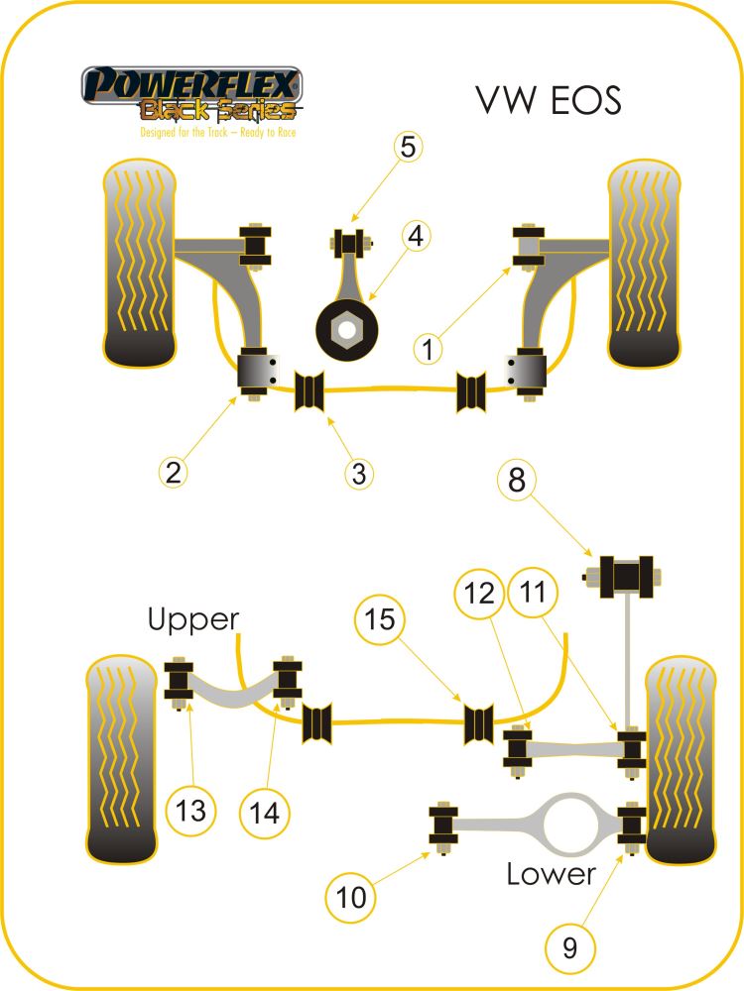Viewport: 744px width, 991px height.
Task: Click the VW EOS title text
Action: pyautogui.click(x=547, y=100)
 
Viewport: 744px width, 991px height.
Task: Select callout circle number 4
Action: pyautogui.click(x=415, y=237)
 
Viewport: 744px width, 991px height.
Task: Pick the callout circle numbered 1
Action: pyautogui.click(x=428, y=349)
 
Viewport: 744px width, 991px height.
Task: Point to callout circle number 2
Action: pyautogui.click(x=173, y=473)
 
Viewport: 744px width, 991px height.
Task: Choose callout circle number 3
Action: pyautogui.click(x=358, y=474)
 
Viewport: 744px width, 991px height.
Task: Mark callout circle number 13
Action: pyautogui.click(x=191, y=810)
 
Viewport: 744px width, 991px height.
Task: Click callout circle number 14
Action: pyautogui.click(x=264, y=814)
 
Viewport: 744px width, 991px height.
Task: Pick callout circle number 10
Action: pyautogui.click(x=351, y=898)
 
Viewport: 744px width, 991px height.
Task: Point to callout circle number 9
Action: pyautogui.click(x=569, y=948)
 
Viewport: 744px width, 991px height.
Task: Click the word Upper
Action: pyautogui.click(x=193, y=620)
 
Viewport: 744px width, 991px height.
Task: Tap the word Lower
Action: pyautogui.click(x=551, y=873)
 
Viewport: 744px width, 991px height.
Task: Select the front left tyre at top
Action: pyautogui.click(x=140, y=262)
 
